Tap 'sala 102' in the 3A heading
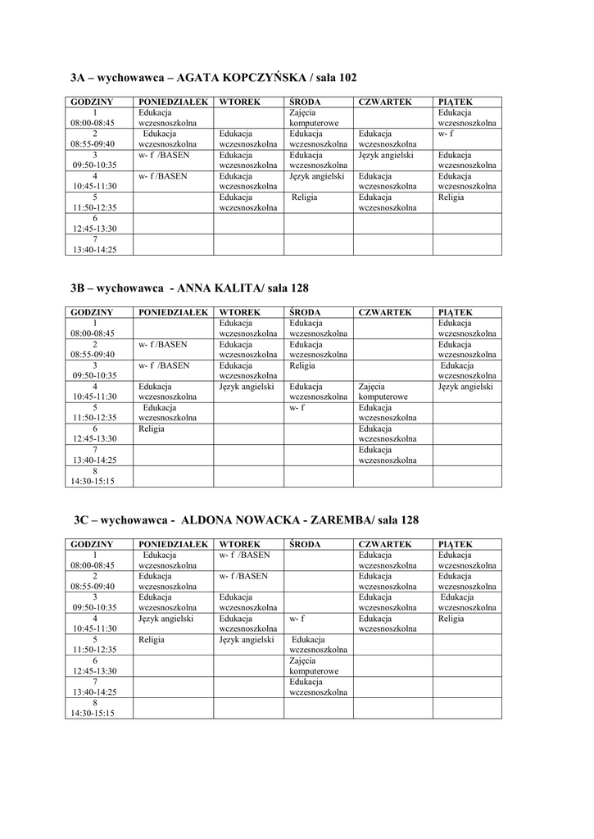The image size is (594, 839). (x=333, y=78)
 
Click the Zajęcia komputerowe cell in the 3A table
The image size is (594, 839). (x=308, y=117)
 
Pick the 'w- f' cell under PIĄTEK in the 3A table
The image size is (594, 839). (x=446, y=134)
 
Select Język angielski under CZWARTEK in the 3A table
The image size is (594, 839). (x=385, y=155)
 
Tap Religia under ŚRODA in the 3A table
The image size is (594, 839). (x=304, y=197)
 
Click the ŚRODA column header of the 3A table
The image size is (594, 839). (x=304, y=102)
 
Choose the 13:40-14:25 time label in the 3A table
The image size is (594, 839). (x=94, y=250)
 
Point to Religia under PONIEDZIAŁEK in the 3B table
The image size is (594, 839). (x=152, y=429)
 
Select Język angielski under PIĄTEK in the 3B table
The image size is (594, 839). (x=465, y=386)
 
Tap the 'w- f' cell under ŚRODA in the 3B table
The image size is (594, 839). (x=297, y=407)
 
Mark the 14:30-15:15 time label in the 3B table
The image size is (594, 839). (x=94, y=481)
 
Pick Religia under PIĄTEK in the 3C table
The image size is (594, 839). (x=451, y=619)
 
